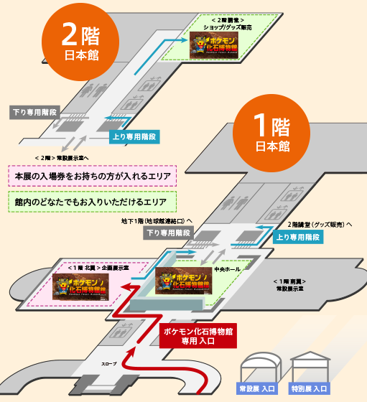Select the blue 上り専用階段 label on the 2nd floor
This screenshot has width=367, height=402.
click(x=135, y=136)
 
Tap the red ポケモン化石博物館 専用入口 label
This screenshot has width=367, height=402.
click(x=196, y=335)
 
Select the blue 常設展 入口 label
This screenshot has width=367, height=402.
click(x=257, y=388)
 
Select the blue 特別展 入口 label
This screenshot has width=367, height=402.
click(x=309, y=388)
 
